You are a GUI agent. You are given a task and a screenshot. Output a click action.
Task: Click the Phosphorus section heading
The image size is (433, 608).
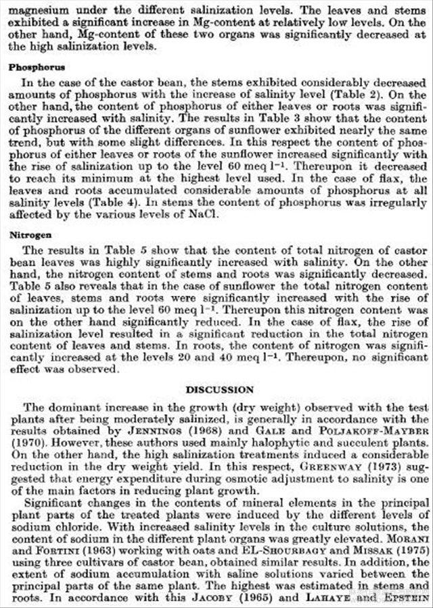[x=37, y=68]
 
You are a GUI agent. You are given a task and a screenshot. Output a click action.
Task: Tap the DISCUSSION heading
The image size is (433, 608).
[x=220, y=390]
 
